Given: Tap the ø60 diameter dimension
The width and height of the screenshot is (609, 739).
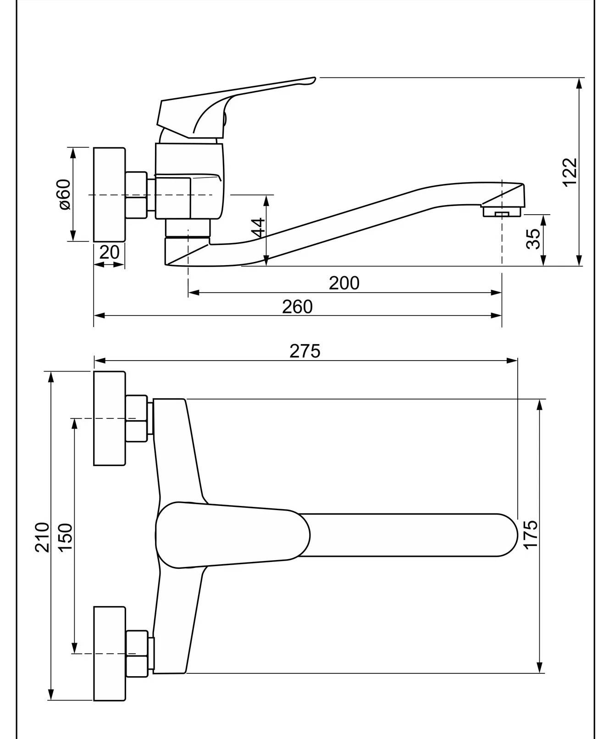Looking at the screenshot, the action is point(65,194).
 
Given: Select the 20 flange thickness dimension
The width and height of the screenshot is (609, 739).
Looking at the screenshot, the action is point(110,252).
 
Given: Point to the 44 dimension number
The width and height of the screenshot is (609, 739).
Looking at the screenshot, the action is point(259,228).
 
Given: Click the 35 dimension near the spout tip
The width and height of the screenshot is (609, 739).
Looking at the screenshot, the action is point(533,239).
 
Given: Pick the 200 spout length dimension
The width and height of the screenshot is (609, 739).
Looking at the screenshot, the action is point(344,283).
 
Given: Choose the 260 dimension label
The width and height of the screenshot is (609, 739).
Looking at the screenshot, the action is point(297,306).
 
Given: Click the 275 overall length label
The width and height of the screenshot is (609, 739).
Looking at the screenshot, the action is point(305,351).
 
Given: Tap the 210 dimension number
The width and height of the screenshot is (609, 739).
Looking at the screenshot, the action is point(42,537).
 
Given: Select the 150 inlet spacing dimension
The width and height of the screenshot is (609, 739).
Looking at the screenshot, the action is point(65,538).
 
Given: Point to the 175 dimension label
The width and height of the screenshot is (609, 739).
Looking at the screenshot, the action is point(530,534).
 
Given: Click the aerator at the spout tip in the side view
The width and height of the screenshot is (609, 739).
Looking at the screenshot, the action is point(502,211).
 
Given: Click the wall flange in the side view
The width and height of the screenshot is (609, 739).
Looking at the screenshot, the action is point(109,194).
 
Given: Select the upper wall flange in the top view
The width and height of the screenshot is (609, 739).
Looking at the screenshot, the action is point(109,418).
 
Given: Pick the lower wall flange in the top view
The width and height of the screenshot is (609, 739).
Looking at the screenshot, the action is point(109,654).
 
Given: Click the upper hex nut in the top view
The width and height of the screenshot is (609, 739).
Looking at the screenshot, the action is point(137,418).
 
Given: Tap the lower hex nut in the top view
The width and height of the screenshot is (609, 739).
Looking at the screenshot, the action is point(137,654).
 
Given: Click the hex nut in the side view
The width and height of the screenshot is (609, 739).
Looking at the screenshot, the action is point(137,194).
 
